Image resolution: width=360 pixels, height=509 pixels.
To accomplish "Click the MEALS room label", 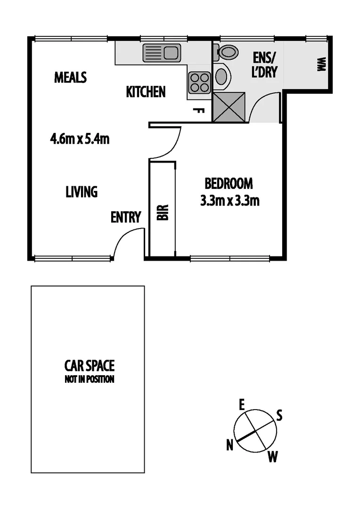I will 70,77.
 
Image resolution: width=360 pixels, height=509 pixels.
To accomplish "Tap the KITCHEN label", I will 146,91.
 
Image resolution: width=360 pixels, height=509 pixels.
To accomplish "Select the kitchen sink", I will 161,53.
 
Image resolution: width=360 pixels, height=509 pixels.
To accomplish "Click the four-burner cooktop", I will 199,82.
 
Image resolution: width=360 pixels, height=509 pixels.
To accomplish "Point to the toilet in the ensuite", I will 227,52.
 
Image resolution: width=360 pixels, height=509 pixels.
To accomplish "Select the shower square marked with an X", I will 229,107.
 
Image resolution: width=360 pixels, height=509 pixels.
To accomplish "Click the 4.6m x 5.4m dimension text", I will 80,139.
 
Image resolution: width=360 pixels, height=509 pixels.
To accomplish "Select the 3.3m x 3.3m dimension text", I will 230,201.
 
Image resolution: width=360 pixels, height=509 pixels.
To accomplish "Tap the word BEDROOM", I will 228,183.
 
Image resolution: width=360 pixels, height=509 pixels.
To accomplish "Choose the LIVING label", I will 82,192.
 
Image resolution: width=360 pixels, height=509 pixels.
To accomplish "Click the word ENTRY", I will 126,217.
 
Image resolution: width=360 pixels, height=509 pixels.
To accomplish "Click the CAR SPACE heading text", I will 90,365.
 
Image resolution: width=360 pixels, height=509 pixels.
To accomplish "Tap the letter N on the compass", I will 230,444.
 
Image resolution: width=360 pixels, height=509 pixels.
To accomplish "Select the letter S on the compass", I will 279,416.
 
